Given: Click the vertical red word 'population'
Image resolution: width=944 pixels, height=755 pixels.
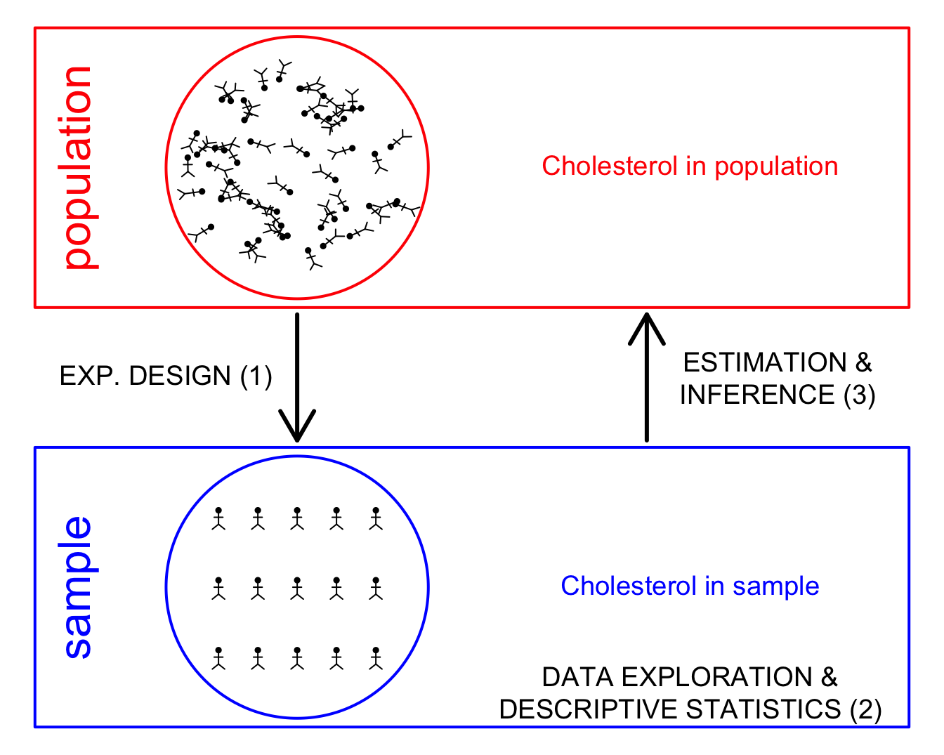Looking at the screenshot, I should click(x=79, y=167).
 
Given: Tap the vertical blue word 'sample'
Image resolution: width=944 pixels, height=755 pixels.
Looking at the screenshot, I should click(x=78, y=587).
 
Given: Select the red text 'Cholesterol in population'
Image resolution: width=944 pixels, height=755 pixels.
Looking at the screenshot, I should click(x=690, y=166).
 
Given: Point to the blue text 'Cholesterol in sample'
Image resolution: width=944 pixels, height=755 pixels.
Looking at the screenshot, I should click(x=690, y=586).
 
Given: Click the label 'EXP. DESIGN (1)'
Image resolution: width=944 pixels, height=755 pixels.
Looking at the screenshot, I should click(x=166, y=376).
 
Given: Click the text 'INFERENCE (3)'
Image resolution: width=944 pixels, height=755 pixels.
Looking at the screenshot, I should click(x=777, y=395).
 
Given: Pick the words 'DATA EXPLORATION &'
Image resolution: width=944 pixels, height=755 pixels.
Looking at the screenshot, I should click(x=690, y=677).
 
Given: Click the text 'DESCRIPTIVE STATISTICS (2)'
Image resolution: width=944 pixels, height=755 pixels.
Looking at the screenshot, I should click(x=690, y=709).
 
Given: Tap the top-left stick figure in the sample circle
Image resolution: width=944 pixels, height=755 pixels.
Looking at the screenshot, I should click(x=218, y=518).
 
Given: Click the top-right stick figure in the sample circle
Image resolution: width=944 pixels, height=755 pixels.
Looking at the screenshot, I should click(x=376, y=518).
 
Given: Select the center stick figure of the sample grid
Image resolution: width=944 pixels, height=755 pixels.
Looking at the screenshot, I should click(x=297, y=589).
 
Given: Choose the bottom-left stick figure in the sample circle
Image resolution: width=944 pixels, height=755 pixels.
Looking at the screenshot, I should click(x=218, y=658).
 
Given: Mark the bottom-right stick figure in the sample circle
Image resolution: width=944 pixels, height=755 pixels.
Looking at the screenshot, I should click(x=376, y=658).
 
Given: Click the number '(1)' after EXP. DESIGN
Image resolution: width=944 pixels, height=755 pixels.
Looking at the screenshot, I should click(x=256, y=376).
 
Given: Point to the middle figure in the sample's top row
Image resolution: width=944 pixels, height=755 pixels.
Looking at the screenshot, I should click(x=297, y=518).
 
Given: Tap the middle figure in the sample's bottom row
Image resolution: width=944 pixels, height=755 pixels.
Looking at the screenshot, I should click(x=297, y=658).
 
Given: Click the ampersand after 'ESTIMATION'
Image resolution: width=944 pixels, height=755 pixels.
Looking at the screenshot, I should click(x=863, y=363).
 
